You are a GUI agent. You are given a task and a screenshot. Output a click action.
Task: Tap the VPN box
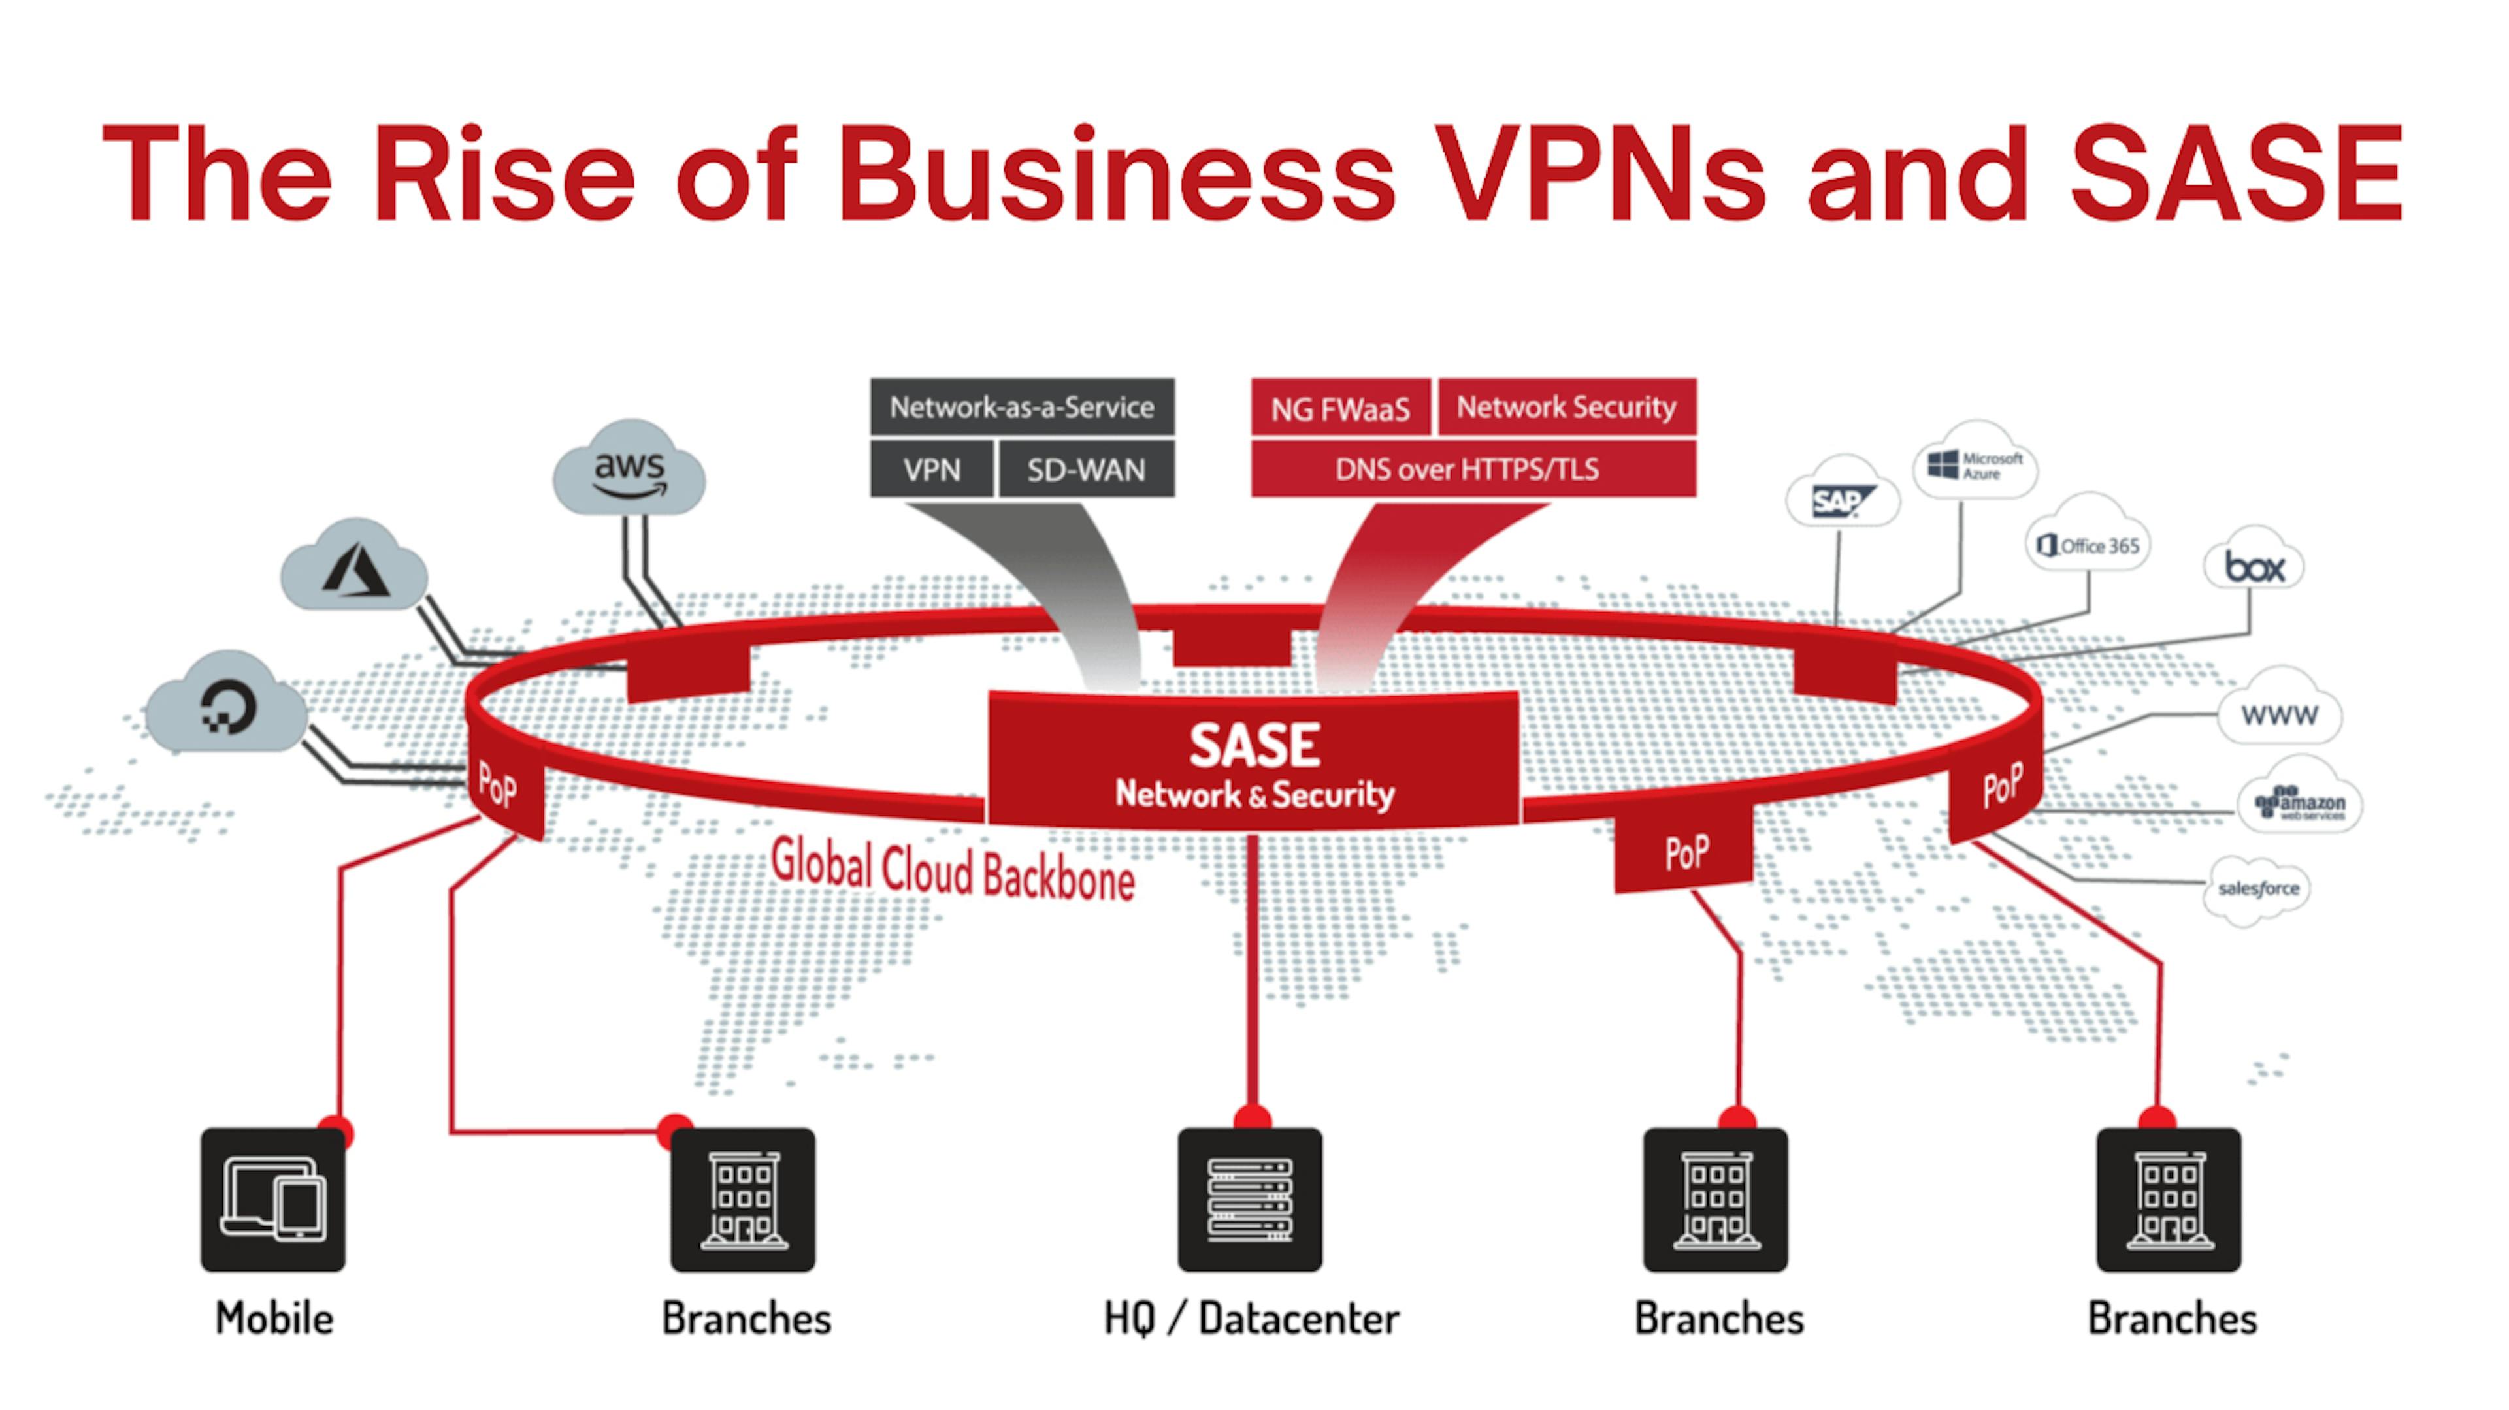coord(931,470)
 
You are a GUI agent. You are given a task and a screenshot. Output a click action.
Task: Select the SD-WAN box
coord(1086,470)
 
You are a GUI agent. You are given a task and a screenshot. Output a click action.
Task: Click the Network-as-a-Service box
coord(1022,407)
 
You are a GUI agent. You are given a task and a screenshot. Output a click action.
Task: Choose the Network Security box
coord(1566,407)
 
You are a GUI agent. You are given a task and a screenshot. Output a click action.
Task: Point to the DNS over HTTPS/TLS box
coord(1467,470)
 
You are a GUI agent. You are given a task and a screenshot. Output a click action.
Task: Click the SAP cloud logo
coord(1841,500)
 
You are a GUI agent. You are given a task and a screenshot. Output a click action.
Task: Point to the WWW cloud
coord(2279,714)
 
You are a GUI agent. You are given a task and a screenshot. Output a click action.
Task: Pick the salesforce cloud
coord(2257,888)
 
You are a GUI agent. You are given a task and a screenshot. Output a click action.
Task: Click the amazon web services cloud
coord(2299,803)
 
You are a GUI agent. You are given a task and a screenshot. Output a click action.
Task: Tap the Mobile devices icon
coord(272,1200)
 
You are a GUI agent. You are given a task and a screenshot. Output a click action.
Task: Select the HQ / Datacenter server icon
coord(1250,1200)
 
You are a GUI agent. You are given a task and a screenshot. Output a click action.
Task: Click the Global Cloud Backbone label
coord(953,869)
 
